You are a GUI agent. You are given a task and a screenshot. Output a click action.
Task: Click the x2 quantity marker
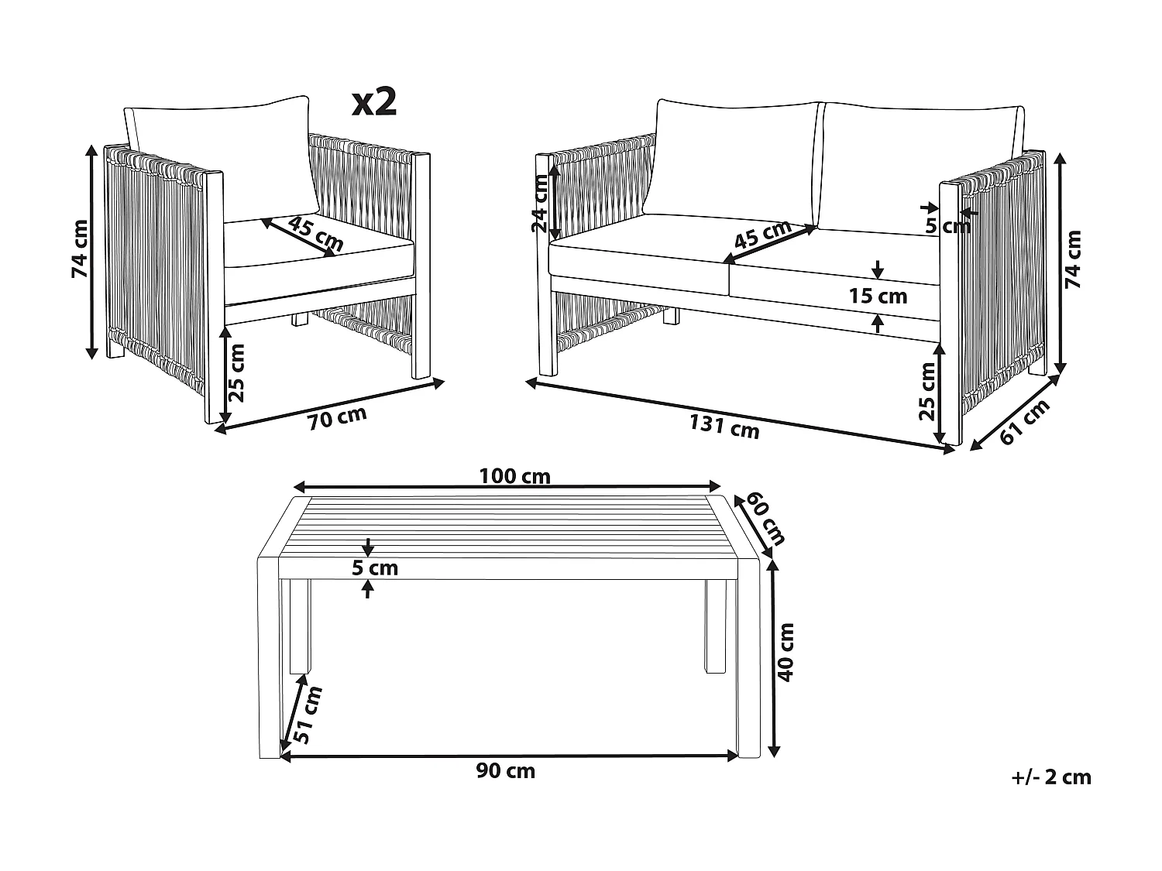[x=375, y=103]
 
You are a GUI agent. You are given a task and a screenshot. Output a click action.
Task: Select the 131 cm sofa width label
[x=724, y=426]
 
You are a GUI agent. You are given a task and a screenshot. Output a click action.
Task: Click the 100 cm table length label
[x=514, y=476]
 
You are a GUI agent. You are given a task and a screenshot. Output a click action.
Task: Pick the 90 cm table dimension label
[x=506, y=771]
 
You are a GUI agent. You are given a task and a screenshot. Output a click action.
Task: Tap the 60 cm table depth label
[x=765, y=518]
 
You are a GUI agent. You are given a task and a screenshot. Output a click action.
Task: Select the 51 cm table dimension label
[x=308, y=715]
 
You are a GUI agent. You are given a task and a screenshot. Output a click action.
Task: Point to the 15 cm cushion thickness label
[x=878, y=297]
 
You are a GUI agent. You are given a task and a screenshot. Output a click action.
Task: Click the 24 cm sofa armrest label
[x=539, y=204]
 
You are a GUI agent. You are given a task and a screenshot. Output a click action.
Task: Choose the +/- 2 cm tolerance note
[x=1051, y=777]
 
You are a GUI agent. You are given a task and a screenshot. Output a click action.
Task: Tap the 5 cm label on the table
[x=375, y=568]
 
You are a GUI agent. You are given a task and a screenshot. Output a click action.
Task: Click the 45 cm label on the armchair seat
[x=316, y=235]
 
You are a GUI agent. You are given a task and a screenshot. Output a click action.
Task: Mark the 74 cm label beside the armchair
[x=81, y=249]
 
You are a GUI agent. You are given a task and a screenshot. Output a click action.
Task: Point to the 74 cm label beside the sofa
[x=1073, y=259]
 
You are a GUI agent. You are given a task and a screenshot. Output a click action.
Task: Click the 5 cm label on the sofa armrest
[x=947, y=226]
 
